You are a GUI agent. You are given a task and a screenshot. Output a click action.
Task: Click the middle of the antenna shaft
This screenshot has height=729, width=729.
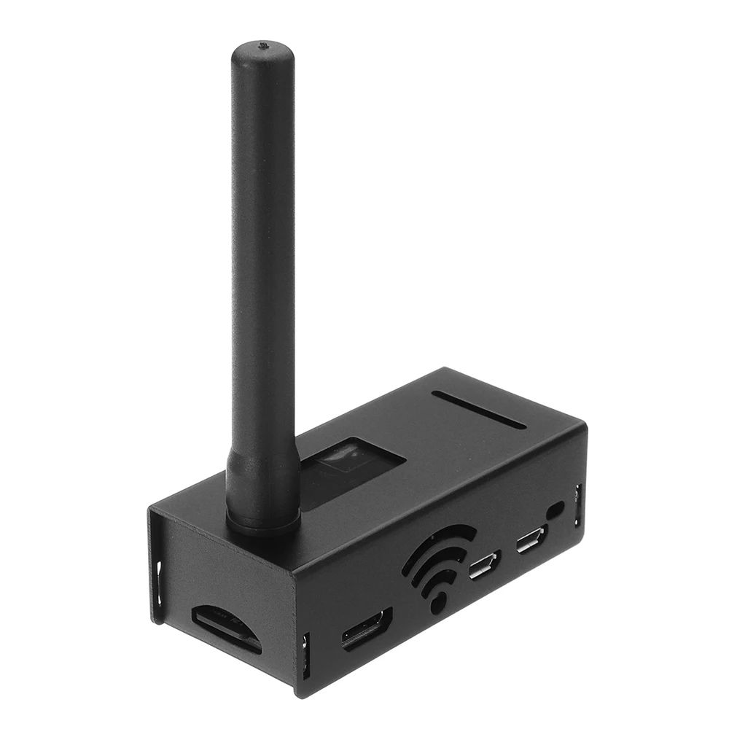pyautogui.click(x=262, y=277)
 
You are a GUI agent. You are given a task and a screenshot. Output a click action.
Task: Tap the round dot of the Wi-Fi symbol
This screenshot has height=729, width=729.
pyautogui.click(x=437, y=602)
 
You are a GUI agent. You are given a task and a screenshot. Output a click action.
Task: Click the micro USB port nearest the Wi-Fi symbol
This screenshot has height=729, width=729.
pyautogui.click(x=484, y=565)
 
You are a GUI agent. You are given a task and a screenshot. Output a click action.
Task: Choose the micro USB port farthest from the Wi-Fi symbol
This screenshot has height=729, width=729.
pyautogui.click(x=530, y=542)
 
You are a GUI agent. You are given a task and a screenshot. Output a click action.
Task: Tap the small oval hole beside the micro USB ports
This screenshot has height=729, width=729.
pyautogui.click(x=557, y=510)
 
